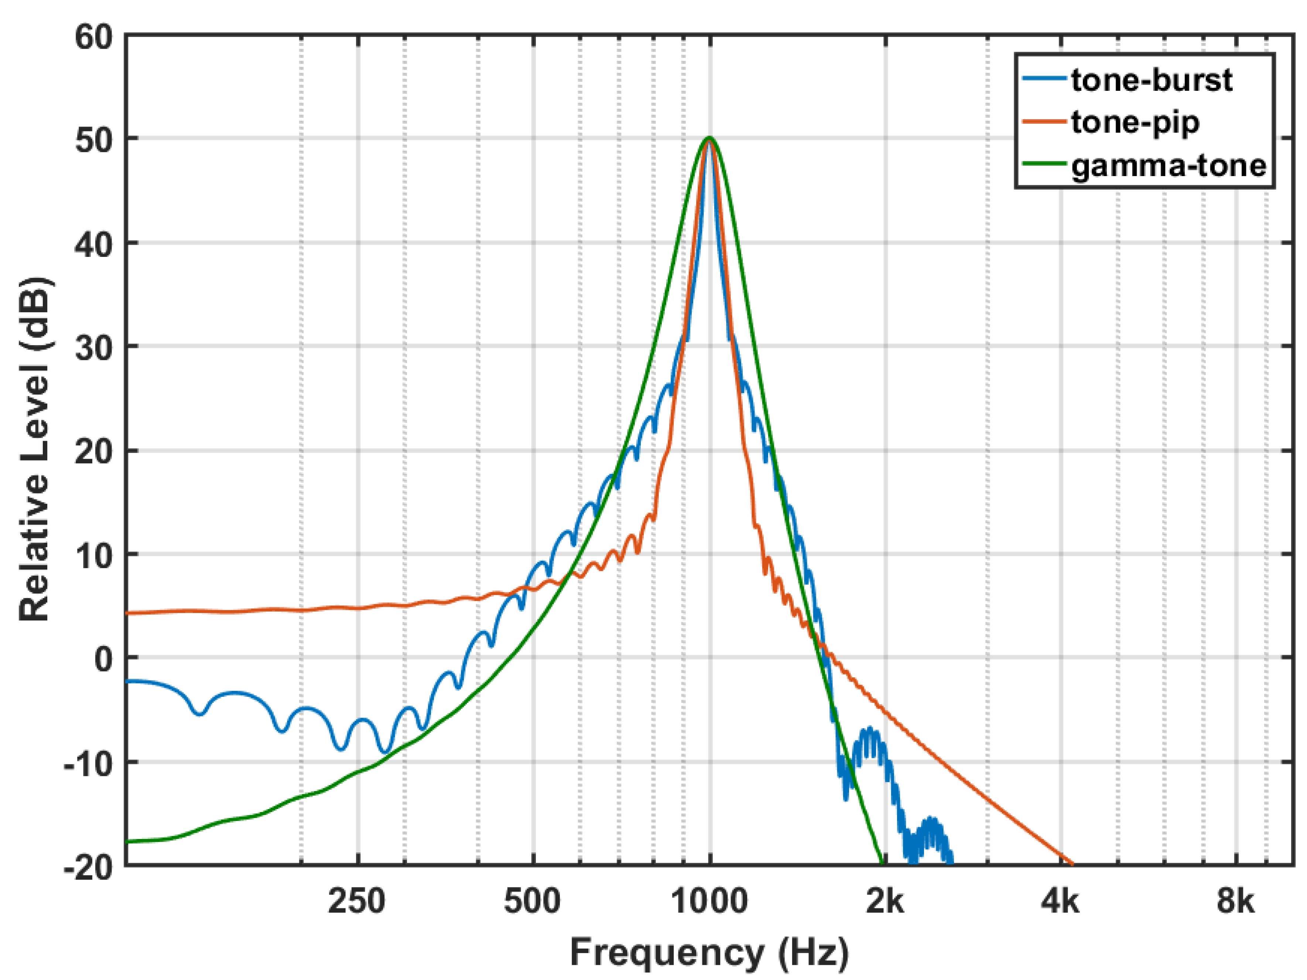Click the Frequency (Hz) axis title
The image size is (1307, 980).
[709, 952]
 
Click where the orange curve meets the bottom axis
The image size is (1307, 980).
[1071, 864]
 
